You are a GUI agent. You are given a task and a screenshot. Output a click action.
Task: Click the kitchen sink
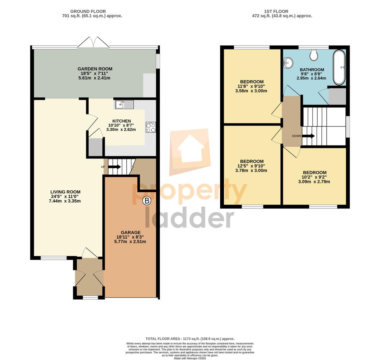pos(124,105)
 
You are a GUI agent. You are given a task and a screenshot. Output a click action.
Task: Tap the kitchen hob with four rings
pos(151,127)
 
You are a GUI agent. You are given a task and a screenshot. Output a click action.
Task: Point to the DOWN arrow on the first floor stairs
pos(308,136)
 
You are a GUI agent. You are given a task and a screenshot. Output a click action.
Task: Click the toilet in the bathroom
pos(313,55)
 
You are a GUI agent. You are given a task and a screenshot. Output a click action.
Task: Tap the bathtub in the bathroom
pos(339,67)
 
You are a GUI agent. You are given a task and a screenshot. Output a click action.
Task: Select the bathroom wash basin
pos(288,63)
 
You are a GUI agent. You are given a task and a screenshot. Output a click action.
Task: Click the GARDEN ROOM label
pos(95,69)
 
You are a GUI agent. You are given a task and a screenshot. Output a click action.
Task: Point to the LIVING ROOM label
pos(65,192)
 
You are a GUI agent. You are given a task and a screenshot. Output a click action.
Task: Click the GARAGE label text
pos(131,232)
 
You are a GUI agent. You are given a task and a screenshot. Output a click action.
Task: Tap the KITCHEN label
pos(122,121)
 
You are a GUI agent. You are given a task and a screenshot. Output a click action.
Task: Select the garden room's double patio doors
pos(93,42)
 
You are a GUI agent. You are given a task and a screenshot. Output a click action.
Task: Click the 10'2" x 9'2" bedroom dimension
pos(315,177)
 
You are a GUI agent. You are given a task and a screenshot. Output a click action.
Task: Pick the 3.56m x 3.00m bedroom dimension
pos(251,91)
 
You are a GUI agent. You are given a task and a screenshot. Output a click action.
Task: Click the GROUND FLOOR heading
pos(88,11)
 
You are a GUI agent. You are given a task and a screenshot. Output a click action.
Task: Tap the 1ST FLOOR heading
pos(276,11)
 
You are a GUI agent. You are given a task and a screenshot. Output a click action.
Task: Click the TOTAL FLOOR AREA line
pos(190,338)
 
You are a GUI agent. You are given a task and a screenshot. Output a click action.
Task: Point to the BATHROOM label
pos(312,70)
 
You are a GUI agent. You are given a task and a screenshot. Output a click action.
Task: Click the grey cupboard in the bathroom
pos(337,96)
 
